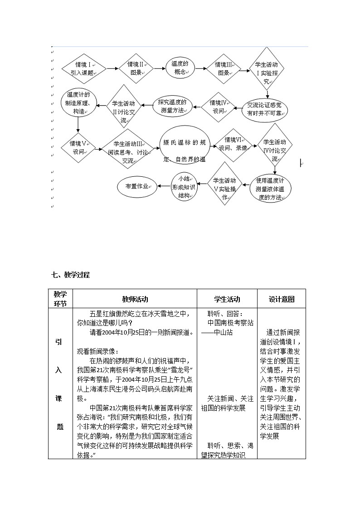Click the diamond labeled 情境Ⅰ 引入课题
84,68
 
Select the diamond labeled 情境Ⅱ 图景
136,68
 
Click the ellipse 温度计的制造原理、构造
78,104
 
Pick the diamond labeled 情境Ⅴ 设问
78,147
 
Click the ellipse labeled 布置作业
137,187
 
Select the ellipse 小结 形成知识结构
184,186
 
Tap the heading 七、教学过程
71,275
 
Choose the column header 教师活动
135,299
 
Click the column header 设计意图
281,299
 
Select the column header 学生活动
227,299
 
